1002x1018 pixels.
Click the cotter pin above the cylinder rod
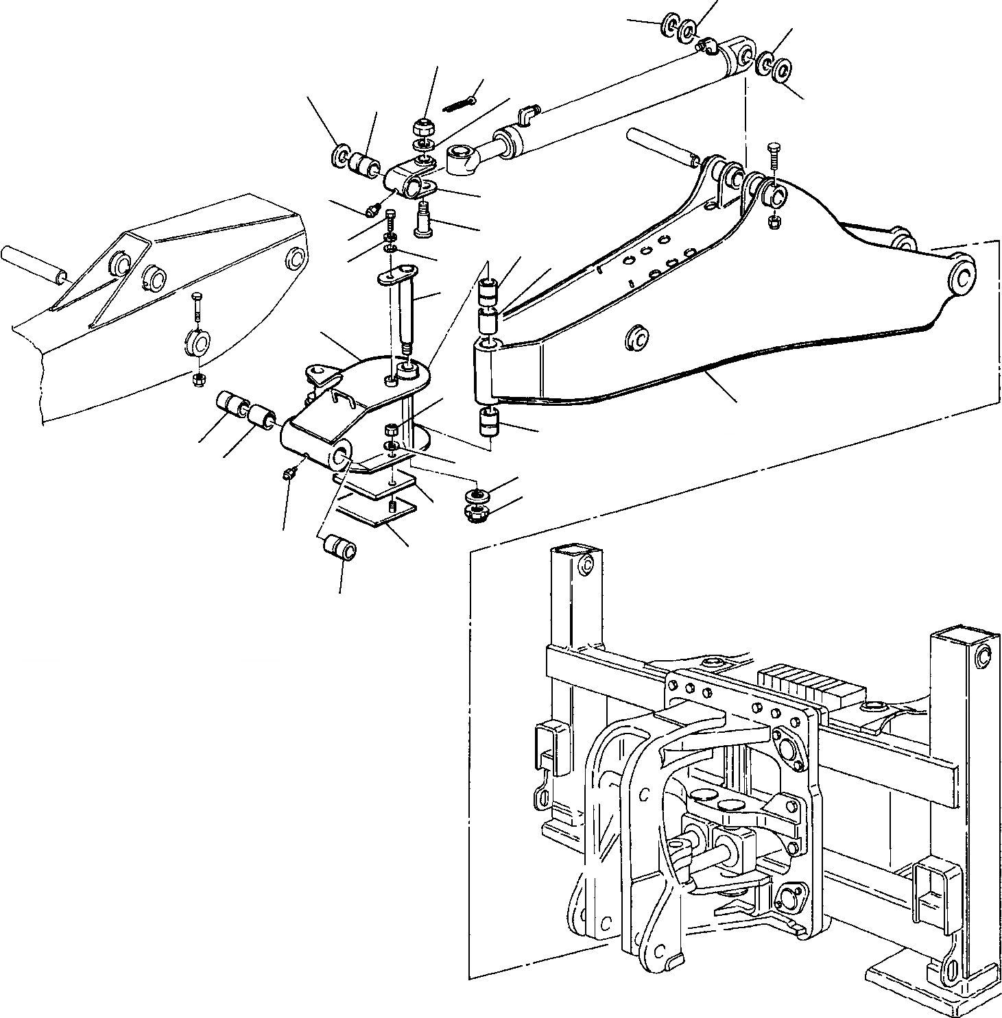coord(459,102)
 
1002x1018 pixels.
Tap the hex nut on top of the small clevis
coord(422,127)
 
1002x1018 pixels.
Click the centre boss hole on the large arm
coord(637,337)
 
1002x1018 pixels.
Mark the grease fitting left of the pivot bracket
coord(290,473)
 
